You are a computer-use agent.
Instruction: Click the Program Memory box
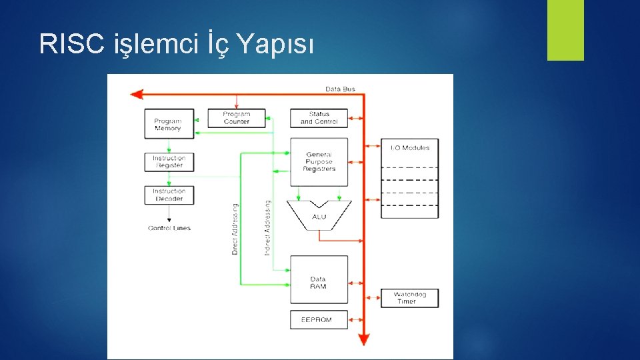pyautogui.click(x=169, y=124)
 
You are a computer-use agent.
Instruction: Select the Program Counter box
pyautogui.click(x=236, y=118)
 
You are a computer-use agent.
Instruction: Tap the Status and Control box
pyautogui.click(x=319, y=118)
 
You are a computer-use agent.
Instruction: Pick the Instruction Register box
pyautogui.click(x=169, y=162)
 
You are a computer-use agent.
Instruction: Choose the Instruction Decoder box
pyautogui.click(x=169, y=195)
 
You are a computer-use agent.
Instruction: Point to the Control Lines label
pyautogui.click(x=169, y=228)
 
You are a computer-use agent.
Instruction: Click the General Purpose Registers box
pyautogui.click(x=319, y=162)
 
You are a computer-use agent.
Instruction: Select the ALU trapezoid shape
pyautogui.click(x=319, y=215)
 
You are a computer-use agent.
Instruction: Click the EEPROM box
pyautogui.click(x=319, y=319)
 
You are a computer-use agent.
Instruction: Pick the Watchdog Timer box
pyautogui.click(x=409, y=297)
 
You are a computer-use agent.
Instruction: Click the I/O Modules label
pyautogui.click(x=409, y=148)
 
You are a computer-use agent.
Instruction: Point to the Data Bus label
pyautogui.click(x=340, y=89)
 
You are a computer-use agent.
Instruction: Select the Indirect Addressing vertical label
pyautogui.click(x=267, y=227)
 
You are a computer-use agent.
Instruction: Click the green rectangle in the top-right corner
pyautogui.click(x=565, y=30)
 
